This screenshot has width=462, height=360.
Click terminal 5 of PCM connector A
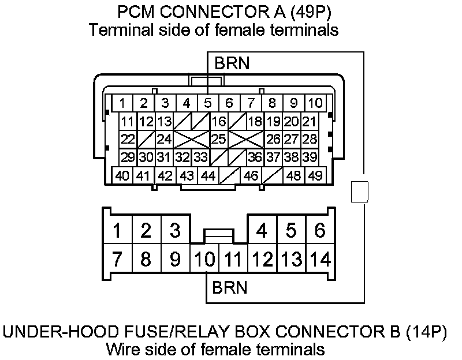point(208,104)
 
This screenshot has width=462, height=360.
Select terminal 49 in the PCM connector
point(315,176)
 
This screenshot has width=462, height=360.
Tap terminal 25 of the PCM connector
point(218,139)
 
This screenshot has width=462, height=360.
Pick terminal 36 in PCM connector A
point(255,157)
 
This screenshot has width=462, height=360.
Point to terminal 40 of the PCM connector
point(122,176)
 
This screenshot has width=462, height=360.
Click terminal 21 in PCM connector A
point(309,122)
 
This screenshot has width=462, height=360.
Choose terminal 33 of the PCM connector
point(200,157)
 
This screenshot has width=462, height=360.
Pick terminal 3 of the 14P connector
point(174,231)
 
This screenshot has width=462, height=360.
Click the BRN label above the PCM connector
point(232,63)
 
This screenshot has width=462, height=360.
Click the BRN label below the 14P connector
point(230,287)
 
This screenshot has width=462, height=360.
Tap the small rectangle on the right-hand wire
point(360,192)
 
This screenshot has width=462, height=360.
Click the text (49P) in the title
point(311,12)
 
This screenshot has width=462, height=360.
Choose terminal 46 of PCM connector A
point(251,176)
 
